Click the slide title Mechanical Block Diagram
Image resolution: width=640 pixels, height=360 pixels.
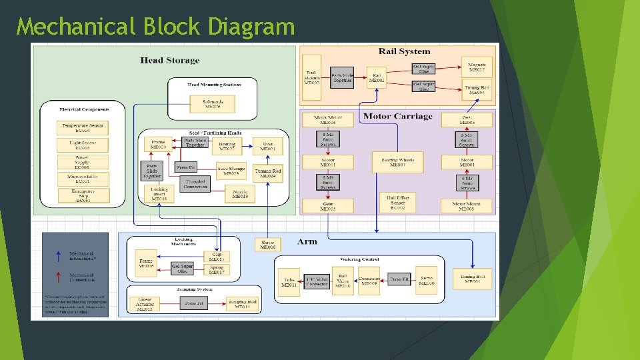point(155,27)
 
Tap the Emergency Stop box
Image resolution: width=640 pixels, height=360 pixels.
point(83,195)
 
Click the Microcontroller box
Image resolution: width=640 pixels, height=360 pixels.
point(83,178)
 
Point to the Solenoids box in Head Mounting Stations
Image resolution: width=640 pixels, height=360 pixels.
point(213,103)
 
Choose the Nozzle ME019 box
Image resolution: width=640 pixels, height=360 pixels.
point(240,193)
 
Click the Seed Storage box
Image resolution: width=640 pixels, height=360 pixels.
point(231,171)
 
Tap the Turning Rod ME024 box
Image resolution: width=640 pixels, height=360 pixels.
point(268,173)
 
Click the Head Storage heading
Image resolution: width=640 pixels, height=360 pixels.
point(169,61)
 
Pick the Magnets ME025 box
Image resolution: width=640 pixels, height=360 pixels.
point(477,66)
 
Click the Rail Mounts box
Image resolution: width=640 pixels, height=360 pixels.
point(311,77)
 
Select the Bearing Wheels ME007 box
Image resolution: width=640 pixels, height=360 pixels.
point(397,162)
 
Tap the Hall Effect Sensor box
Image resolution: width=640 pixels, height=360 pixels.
point(397,203)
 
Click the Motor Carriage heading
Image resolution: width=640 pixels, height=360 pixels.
point(397,117)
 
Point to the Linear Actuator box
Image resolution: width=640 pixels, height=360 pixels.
point(145,304)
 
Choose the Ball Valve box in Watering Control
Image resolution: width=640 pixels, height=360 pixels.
point(343,281)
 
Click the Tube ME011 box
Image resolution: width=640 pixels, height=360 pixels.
point(289,282)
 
